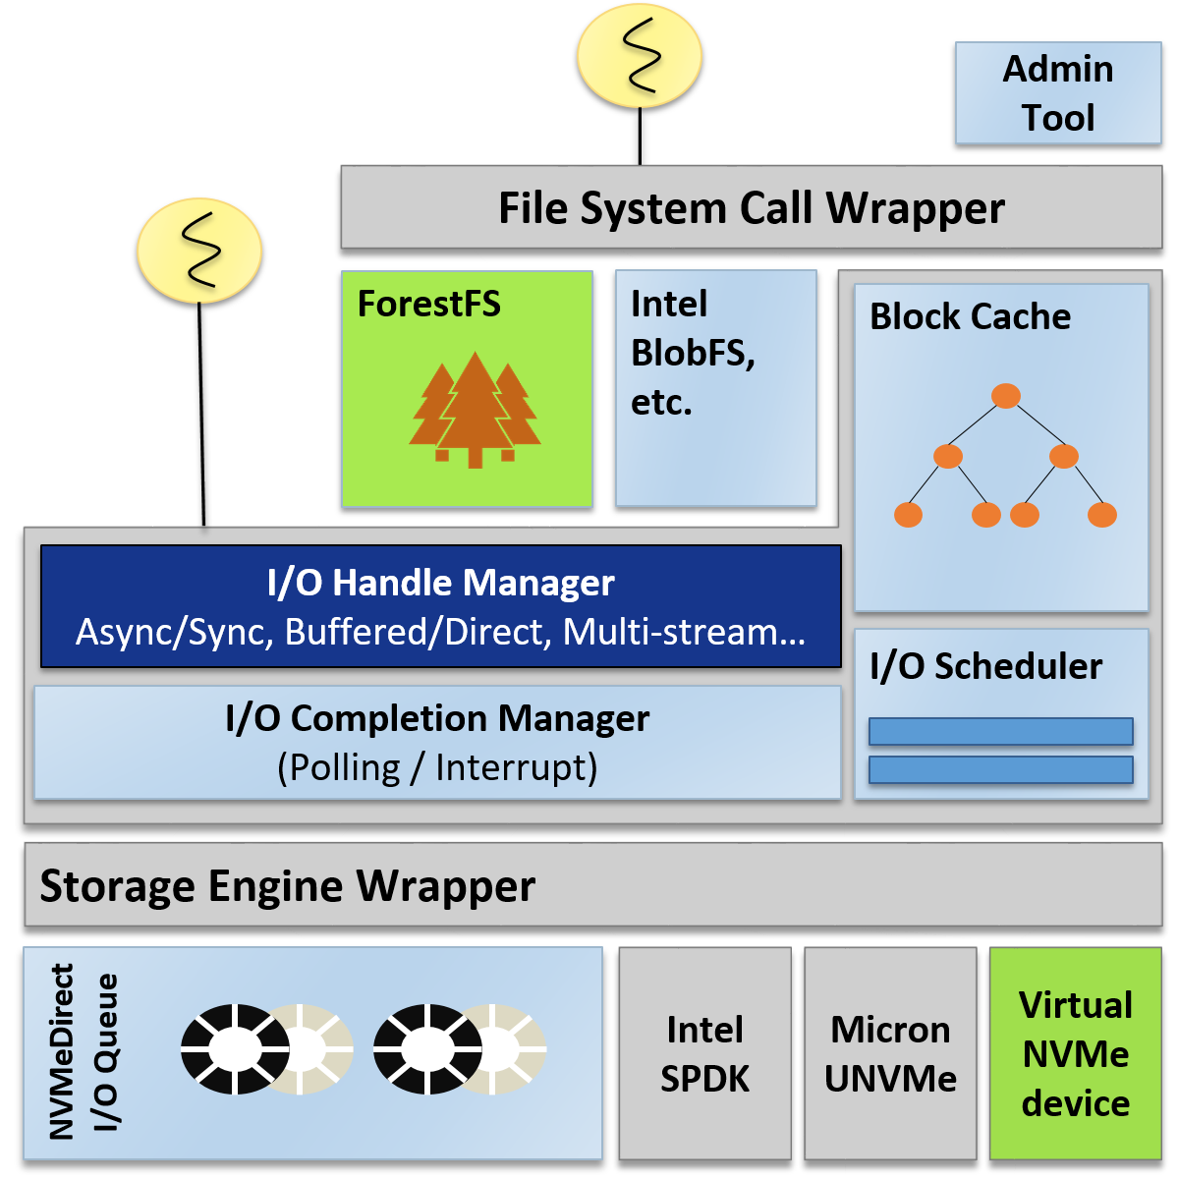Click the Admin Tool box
point(1058,93)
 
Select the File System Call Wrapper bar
point(751,207)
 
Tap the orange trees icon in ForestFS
point(476,410)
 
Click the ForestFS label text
point(428,305)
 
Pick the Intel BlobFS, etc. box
point(715,388)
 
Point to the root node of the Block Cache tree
point(1005,396)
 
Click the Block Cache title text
point(970,317)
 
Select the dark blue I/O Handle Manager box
point(440,606)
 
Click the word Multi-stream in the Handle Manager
point(684,632)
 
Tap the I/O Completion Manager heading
point(437,718)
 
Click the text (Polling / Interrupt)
point(437,767)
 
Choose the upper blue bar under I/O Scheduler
point(1000,731)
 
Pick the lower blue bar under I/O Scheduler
point(1000,768)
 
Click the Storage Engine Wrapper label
point(287,885)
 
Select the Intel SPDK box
point(704,1053)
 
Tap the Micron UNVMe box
point(890,1053)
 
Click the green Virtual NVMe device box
point(1075,1053)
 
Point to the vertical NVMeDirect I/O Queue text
point(83,1051)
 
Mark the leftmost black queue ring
point(234,1048)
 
